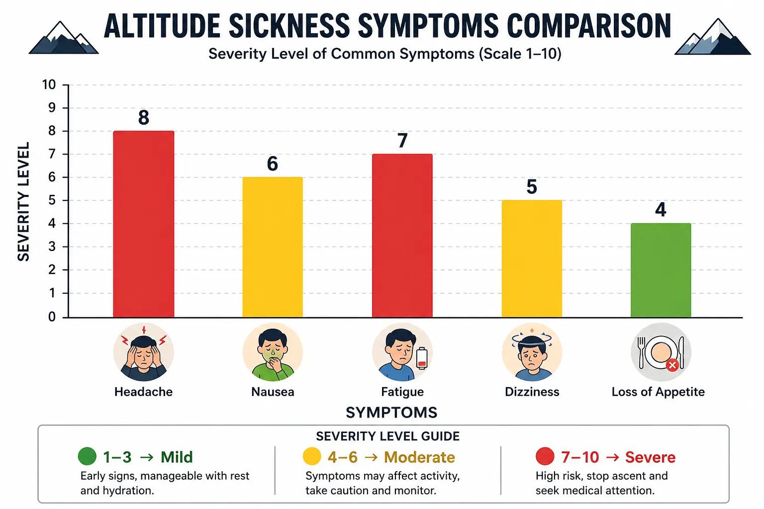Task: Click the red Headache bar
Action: pos(144,224)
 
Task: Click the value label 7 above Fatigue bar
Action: pos(402,141)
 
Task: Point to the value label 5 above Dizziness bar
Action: pos(532,187)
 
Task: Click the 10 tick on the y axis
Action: pos(49,85)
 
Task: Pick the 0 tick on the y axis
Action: pos(52,317)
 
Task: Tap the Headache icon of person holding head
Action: pos(143,352)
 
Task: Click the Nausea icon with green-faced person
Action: pos(273,352)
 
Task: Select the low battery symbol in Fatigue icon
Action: pos(422,358)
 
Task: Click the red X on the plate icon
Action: pos(672,365)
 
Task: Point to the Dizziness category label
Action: pos(532,392)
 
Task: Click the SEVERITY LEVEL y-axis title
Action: pos(23,201)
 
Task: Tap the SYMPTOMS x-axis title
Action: pos(391,412)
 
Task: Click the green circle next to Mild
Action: pos(87,456)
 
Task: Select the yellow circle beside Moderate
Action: pos(312,456)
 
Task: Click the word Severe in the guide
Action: pos(650,457)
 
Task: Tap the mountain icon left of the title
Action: pos(63,38)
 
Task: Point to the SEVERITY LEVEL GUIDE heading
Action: pos(387,436)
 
